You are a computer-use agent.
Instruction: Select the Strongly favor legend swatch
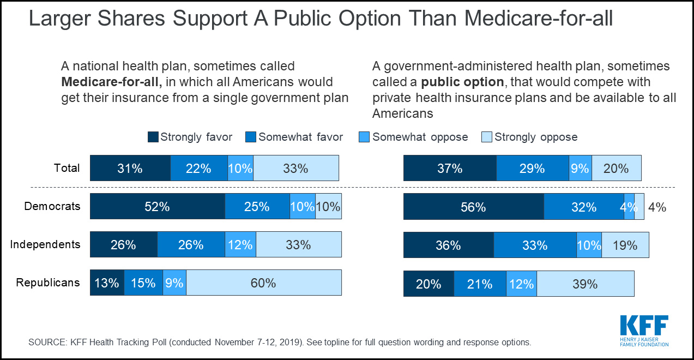[153, 137]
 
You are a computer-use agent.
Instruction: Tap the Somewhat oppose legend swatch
[365, 137]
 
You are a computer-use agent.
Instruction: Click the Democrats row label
[52, 206]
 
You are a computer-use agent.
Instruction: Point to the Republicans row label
[48, 283]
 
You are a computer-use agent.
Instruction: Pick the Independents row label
[45, 244]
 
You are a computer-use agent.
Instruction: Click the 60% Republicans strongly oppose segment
[263, 283]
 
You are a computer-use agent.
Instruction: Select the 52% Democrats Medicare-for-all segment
[157, 207]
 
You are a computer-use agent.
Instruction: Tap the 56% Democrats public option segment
[473, 207]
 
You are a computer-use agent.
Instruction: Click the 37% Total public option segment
[450, 168]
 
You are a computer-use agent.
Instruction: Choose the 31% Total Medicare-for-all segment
[130, 168]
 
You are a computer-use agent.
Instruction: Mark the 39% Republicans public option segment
[585, 284]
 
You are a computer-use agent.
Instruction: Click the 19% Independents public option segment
[625, 245]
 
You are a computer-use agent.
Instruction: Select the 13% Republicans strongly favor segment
[107, 283]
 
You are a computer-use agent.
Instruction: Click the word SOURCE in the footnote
[46, 343]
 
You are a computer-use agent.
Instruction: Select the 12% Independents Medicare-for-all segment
[240, 245]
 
